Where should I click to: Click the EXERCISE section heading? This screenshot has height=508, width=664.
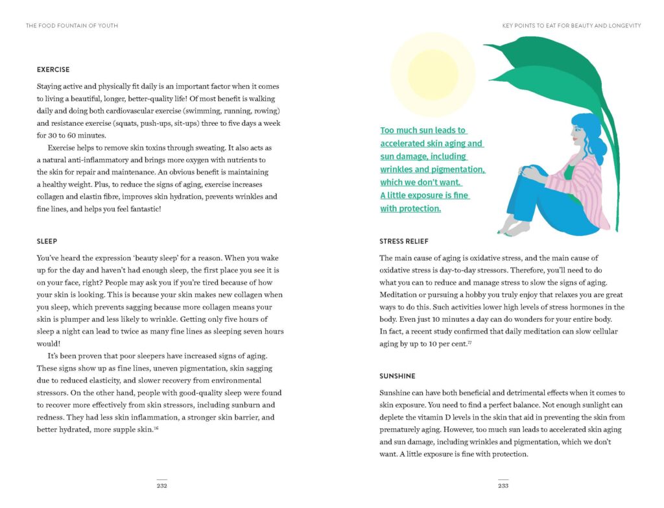click(x=53, y=69)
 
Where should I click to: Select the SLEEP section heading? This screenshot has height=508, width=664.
click(x=47, y=241)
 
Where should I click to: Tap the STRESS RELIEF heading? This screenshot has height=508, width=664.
click(x=404, y=241)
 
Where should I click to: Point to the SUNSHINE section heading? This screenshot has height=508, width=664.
click(x=397, y=376)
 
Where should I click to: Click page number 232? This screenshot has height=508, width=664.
click(x=161, y=485)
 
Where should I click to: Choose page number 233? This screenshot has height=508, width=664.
click(x=503, y=485)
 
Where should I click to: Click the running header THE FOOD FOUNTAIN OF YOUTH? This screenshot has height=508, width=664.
click(x=71, y=26)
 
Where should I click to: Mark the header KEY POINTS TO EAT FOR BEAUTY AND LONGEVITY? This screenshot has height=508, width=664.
click(x=571, y=26)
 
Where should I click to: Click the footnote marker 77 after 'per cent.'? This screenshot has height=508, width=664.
click(x=469, y=342)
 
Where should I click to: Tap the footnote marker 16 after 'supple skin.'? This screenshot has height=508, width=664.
click(x=156, y=428)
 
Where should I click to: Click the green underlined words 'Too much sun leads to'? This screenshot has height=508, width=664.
click(x=423, y=130)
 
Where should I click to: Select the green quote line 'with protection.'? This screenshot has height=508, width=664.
click(x=410, y=208)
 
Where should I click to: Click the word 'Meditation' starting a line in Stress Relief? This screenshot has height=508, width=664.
click(x=399, y=295)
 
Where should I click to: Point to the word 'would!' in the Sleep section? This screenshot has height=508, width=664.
click(x=48, y=343)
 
